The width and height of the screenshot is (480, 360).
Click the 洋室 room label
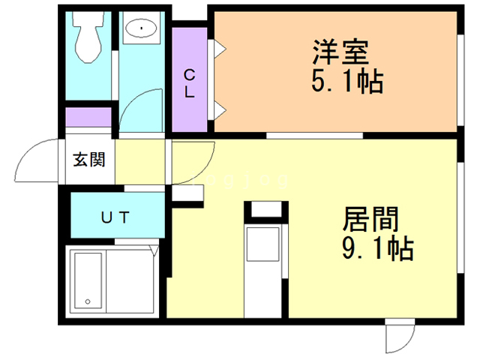(x=340, y=52)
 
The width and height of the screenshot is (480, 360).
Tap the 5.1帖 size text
(x=347, y=81)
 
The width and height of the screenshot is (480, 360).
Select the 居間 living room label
(x=370, y=219)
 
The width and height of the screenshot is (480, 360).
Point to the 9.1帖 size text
(x=378, y=248)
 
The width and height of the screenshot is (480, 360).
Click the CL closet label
(x=190, y=83)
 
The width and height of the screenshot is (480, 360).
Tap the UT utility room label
(x=115, y=217)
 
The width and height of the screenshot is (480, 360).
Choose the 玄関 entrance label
(x=89, y=160)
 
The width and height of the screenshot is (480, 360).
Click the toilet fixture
(x=88, y=37)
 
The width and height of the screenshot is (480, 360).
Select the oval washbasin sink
(x=142, y=28)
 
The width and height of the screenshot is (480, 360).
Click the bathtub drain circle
(x=88, y=301)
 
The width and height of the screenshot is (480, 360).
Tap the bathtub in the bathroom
(x=88, y=280)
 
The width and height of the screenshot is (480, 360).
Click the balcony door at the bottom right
(x=400, y=335)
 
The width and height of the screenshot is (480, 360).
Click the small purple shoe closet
(x=88, y=117)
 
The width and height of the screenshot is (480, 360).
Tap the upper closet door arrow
(x=220, y=49)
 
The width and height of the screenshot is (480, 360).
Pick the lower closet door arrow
(x=220, y=110)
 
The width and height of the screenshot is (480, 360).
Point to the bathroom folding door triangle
(x=154, y=250)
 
